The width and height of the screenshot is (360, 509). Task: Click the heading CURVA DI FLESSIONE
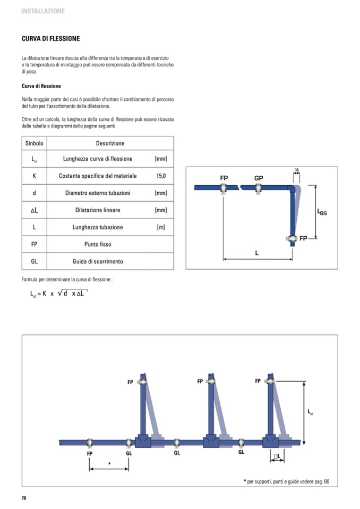point(50,39)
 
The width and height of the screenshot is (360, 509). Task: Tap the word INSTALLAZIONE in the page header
point(43,11)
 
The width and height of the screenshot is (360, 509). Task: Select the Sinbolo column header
point(34,143)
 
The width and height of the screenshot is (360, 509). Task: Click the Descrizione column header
point(110,143)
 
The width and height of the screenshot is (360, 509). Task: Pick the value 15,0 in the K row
point(161,176)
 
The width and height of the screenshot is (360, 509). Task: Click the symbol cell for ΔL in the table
point(34,210)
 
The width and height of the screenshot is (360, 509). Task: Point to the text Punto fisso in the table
point(98,245)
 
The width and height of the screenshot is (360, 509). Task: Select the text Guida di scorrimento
point(98,261)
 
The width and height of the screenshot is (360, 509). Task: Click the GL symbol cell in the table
point(34,261)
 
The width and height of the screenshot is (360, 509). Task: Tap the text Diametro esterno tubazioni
point(98,193)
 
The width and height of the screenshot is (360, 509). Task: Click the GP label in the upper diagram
point(259,178)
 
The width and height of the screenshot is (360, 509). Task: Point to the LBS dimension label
point(322,212)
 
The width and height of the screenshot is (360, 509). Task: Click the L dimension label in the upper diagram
point(257,253)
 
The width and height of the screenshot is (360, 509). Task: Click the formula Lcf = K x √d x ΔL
point(58,294)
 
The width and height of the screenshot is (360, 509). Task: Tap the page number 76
point(24,498)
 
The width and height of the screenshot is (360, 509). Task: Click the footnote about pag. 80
point(286,481)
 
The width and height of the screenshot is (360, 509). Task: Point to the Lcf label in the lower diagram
point(310,412)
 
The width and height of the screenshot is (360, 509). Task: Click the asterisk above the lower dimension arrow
point(109,463)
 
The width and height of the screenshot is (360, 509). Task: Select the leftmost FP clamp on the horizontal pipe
point(90,443)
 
